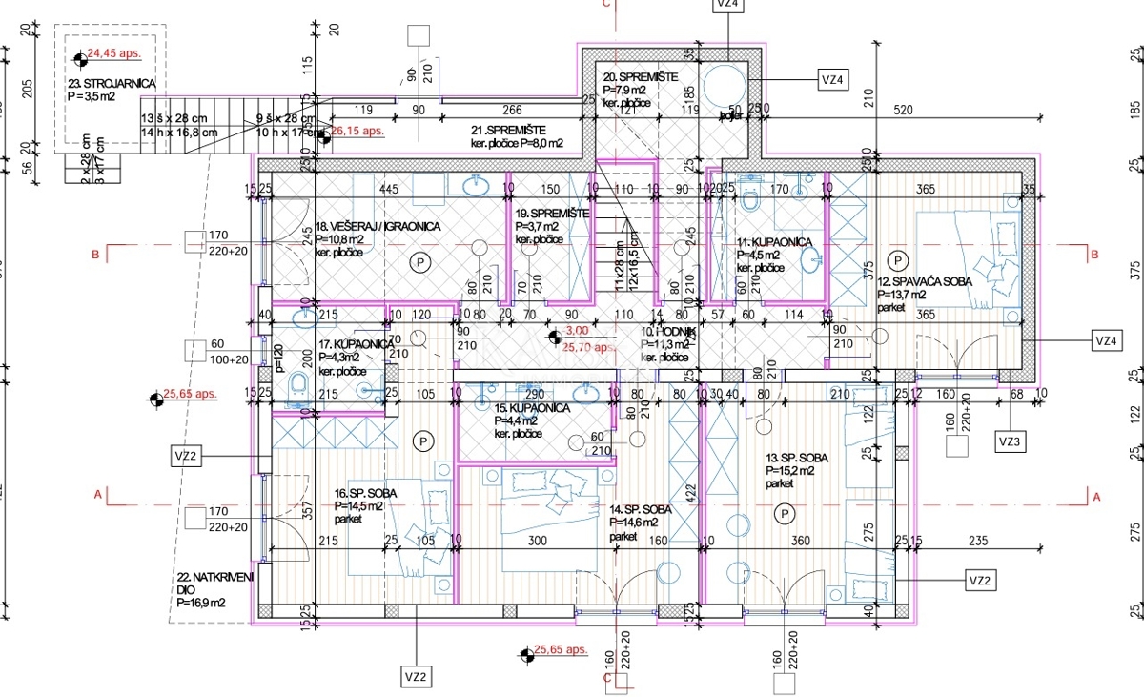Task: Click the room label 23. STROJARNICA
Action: [x=111, y=84]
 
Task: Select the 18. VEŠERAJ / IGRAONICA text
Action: [x=376, y=227]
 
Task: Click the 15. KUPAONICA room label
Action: [x=531, y=408]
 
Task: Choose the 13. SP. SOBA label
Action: [x=797, y=458]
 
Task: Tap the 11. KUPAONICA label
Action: [x=774, y=242]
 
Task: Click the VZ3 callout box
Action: [x=1010, y=442]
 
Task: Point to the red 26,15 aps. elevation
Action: [x=357, y=131]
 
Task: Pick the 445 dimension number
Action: [x=388, y=189]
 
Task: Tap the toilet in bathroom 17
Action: [x=296, y=383]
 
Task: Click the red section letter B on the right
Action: [x=1094, y=254]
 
